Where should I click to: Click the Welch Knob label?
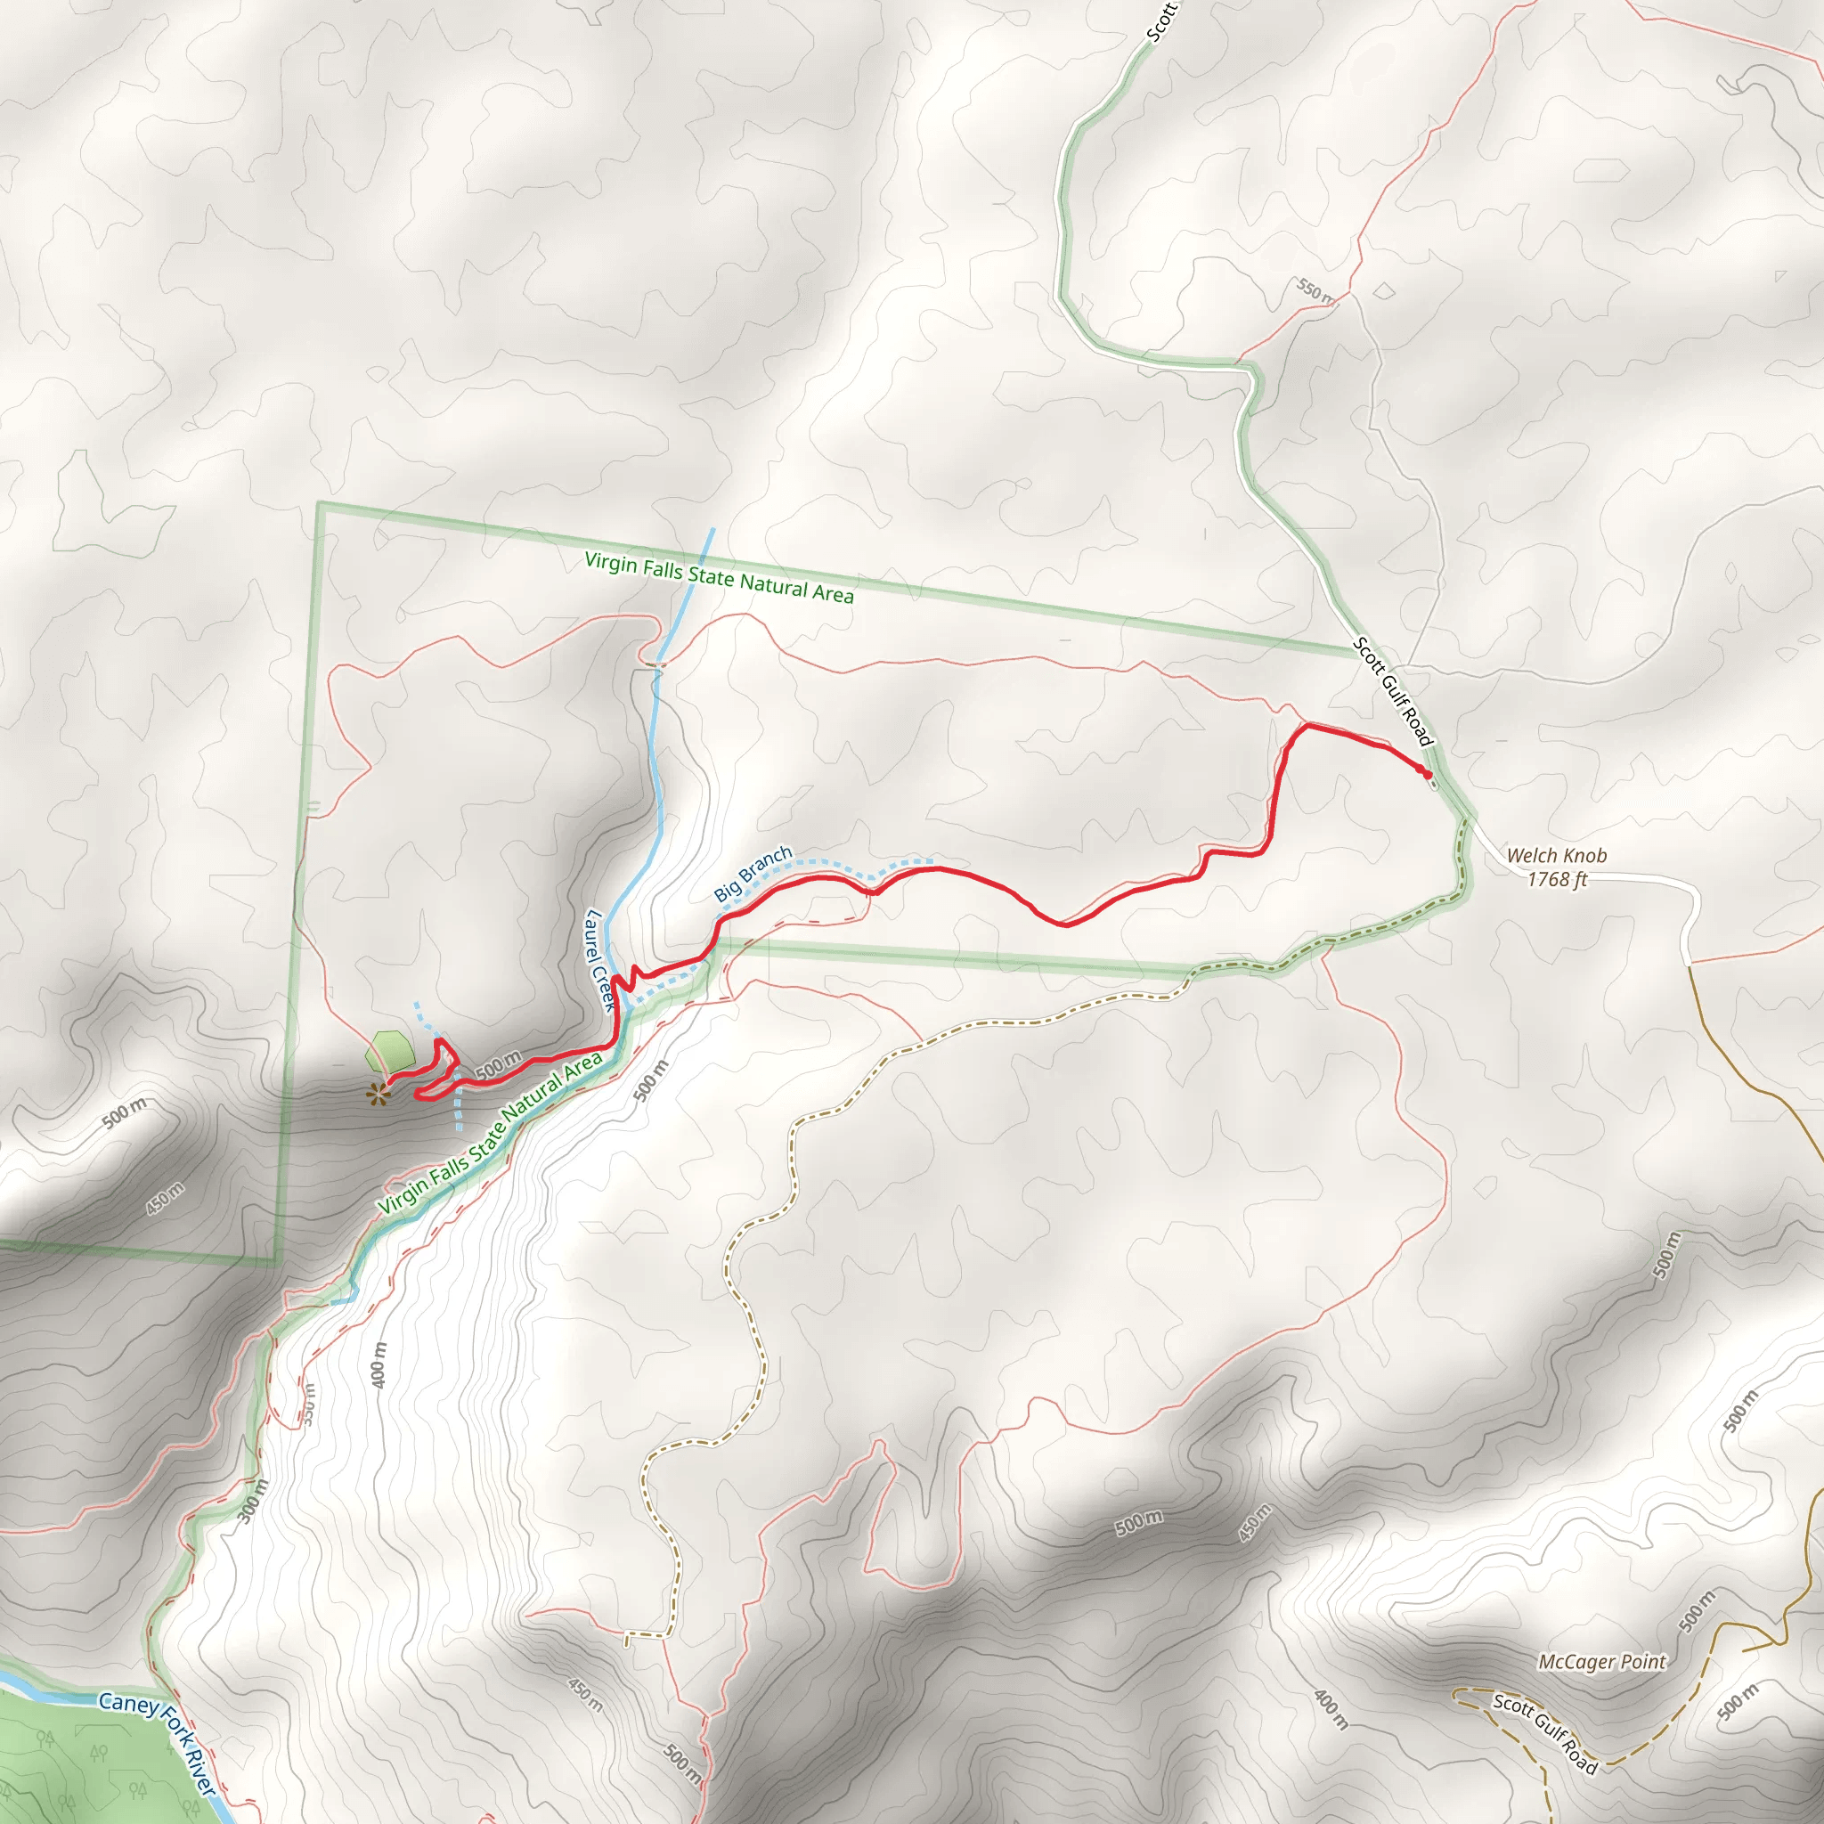[x=1556, y=855]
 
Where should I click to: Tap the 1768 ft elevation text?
[x=1557, y=879]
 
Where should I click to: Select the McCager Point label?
[x=1602, y=1662]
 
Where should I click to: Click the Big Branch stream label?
[x=753, y=874]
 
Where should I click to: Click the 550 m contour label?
[x=1315, y=290]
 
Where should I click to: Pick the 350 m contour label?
[x=309, y=1405]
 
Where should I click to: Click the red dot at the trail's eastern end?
[x=1427, y=774]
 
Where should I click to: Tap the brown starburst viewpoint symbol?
[x=378, y=1095]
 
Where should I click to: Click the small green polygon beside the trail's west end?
[x=392, y=1051]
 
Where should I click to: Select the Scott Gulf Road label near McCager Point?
[x=1544, y=1733]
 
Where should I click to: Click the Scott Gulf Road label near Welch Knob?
[x=1393, y=691]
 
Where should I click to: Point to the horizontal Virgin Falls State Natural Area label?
[x=719, y=577]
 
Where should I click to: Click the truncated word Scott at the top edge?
[x=1161, y=20]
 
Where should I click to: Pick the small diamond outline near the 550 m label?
[x=1383, y=290]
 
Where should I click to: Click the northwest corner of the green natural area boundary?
[x=320, y=505]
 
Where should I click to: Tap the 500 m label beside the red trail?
[x=498, y=1065]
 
